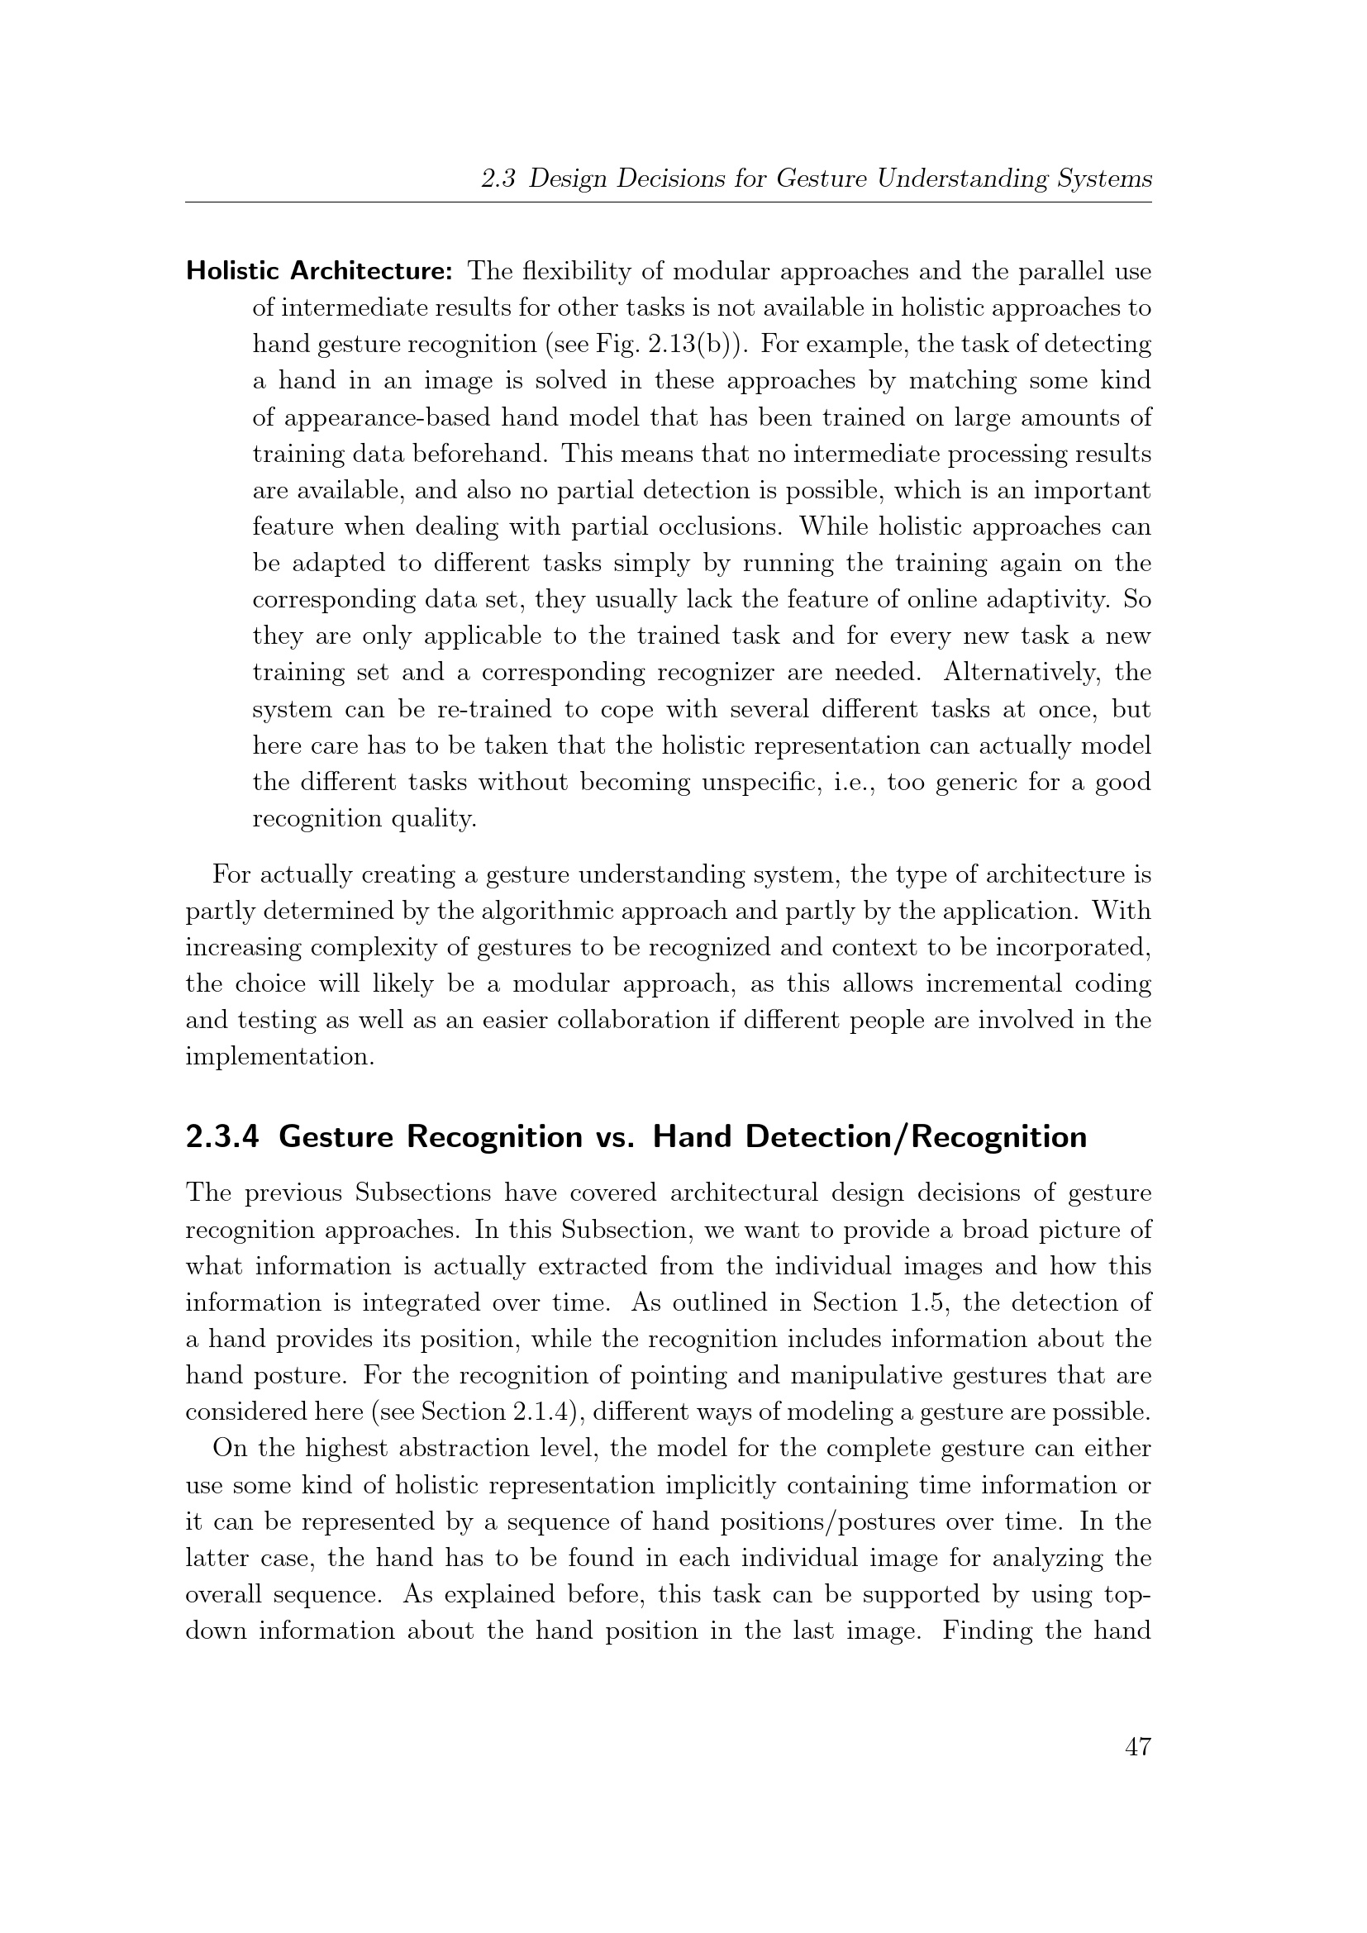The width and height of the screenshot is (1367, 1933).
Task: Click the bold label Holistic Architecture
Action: coord(320,271)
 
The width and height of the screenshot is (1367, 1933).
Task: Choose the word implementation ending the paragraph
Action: coord(279,1057)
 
